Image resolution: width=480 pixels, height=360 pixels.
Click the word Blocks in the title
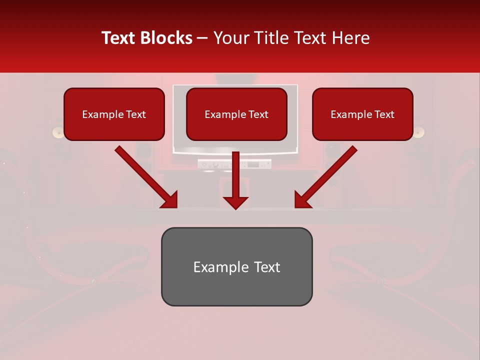click(167, 38)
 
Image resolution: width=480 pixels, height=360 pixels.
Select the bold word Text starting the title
click(119, 38)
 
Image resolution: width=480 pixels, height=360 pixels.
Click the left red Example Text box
click(114, 114)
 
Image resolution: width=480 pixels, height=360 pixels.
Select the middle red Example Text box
click(236, 114)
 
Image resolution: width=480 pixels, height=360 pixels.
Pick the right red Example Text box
click(362, 114)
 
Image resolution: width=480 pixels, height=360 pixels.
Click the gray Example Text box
click(236, 266)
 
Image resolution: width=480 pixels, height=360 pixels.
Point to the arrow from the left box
click(145, 176)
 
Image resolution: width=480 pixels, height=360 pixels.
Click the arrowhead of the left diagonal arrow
click(170, 200)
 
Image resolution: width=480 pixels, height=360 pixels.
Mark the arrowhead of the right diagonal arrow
click(302, 200)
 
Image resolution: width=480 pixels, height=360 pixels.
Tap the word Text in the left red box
click(135, 114)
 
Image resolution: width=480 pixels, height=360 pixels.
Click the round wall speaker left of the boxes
click(58, 132)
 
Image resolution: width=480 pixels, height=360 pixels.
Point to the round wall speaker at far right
click(418, 132)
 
